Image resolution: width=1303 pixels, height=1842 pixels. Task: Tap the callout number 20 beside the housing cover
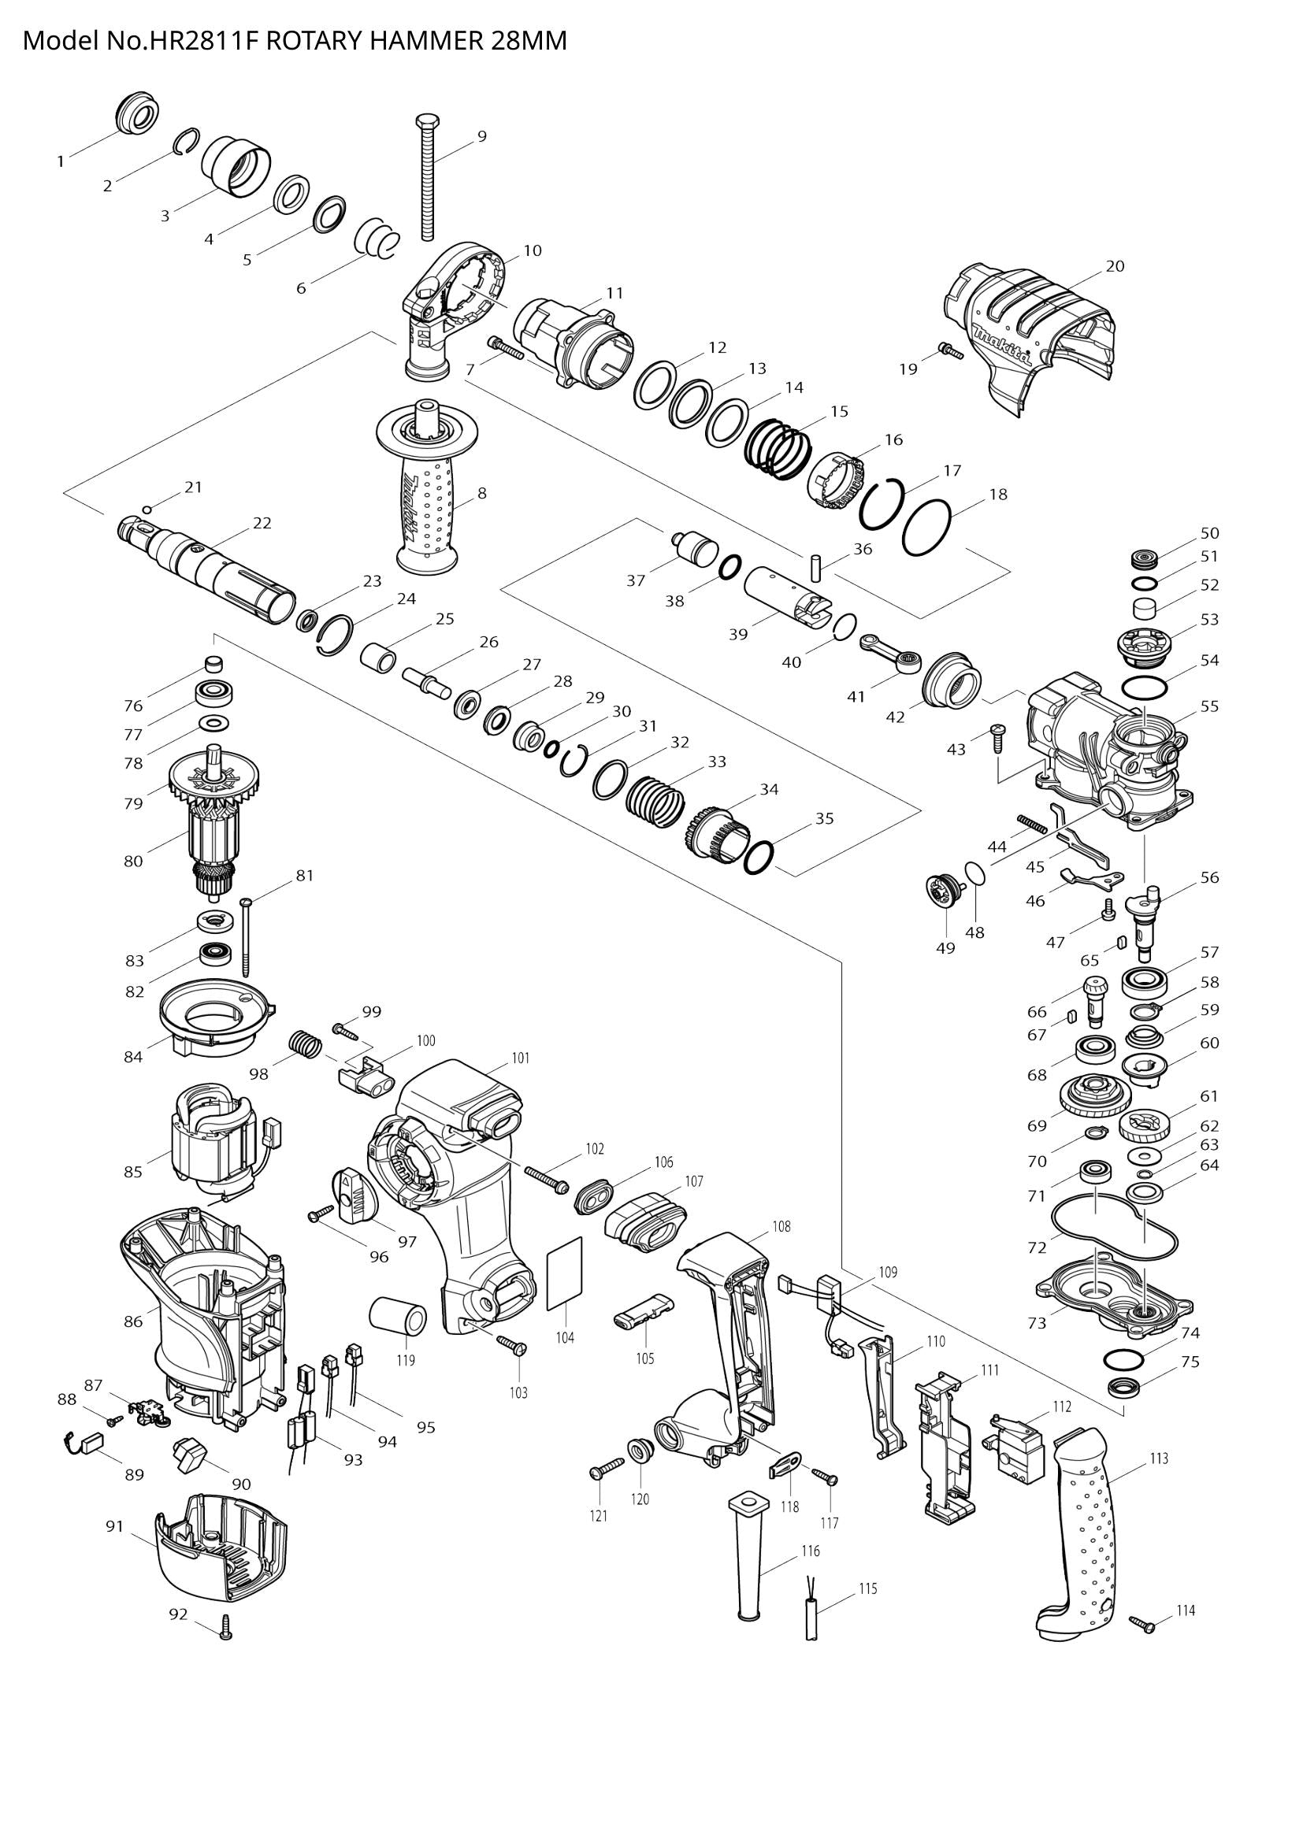coord(1116,266)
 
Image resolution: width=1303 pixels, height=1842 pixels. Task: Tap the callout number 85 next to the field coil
coord(133,1172)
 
